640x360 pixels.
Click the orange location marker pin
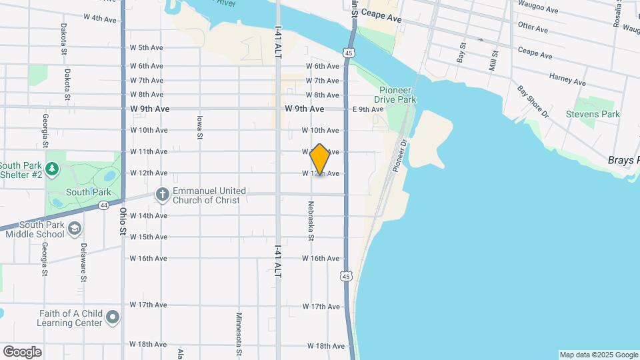pyautogui.click(x=320, y=159)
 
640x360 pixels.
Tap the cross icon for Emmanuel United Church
pyautogui.click(x=161, y=195)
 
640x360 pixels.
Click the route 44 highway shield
pyautogui.click(x=104, y=205)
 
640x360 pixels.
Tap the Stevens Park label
pyautogui.click(x=593, y=114)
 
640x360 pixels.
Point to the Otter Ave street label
pyautogui.click(x=533, y=29)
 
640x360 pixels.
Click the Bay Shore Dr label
pyautogui.click(x=533, y=101)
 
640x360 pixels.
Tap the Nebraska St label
pyautogui.click(x=311, y=219)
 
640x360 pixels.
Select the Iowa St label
pyautogui.click(x=199, y=127)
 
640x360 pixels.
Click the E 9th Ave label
pyautogui.click(x=368, y=109)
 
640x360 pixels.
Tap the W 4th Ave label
pyautogui.click(x=101, y=19)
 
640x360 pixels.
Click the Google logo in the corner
pyautogui.click(x=22, y=351)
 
